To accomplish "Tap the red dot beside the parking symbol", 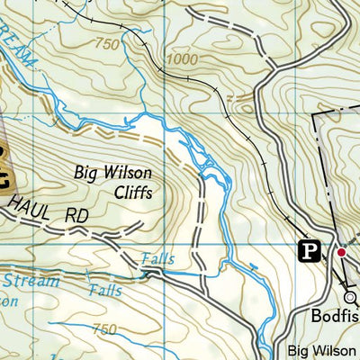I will pos(341,253).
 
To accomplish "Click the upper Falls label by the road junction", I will pos(157,259).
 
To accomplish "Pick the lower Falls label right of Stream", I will pos(107,291).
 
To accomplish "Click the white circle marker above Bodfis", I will pos(350,299).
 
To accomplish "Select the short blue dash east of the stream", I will pos(253,266).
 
